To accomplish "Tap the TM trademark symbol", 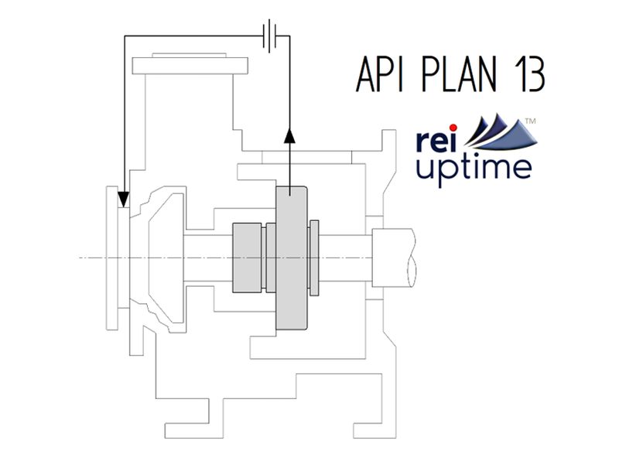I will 531,121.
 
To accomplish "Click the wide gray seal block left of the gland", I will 247,258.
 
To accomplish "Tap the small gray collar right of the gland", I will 314,258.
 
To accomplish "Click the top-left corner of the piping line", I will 125,35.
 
